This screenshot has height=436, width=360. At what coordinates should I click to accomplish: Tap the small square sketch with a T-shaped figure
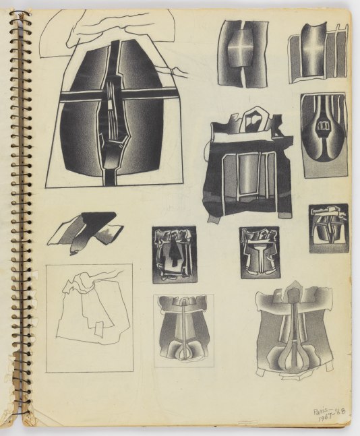(259, 252)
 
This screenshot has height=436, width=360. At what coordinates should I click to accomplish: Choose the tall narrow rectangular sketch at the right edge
(324, 135)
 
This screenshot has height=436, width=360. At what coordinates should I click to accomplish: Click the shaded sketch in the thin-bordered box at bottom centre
(183, 330)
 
